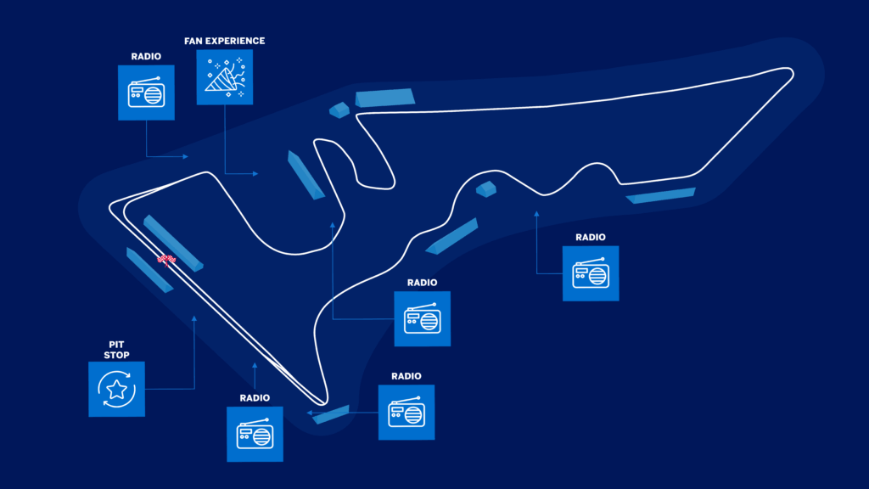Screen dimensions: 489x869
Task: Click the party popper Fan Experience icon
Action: tap(224, 76)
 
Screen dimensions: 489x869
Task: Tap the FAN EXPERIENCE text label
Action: tap(224, 41)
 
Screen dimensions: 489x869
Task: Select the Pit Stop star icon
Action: tap(116, 389)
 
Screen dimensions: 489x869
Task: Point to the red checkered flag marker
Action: tap(166, 258)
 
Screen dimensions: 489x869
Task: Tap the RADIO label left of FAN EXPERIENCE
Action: tap(146, 57)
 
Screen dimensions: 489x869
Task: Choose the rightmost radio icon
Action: tap(591, 273)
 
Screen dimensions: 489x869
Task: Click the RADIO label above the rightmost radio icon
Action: tap(591, 238)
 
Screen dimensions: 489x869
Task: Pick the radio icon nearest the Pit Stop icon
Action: tap(255, 434)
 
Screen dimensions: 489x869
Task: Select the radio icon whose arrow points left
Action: tap(406, 412)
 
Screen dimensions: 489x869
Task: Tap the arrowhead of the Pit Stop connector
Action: tap(194, 318)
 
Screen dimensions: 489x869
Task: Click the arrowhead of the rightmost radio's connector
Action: tap(536, 213)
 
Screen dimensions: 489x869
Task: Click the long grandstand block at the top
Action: tap(385, 98)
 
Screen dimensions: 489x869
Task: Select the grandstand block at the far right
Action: tap(661, 195)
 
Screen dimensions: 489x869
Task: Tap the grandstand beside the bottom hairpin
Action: tap(331, 413)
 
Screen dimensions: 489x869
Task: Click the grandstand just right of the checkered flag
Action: tap(174, 242)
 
